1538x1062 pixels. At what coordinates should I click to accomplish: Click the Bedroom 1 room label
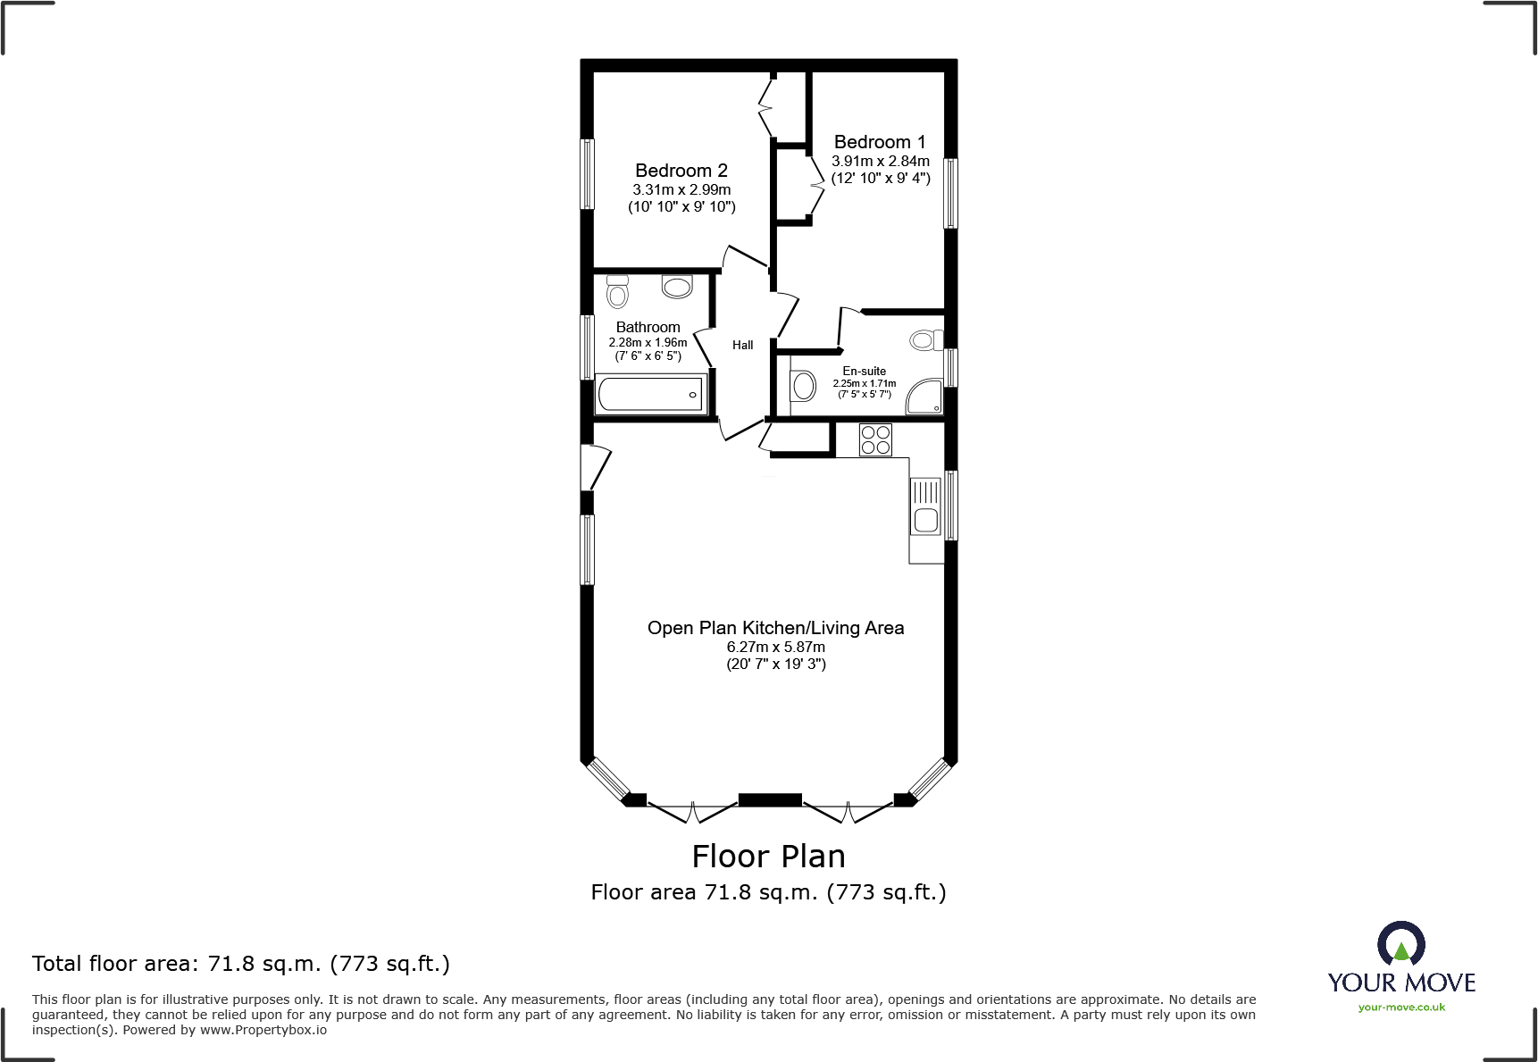tap(880, 142)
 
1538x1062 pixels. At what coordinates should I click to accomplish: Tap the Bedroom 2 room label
tap(681, 171)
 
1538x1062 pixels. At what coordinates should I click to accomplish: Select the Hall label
tap(743, 345)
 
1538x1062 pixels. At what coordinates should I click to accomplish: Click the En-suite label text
tap(865, 371)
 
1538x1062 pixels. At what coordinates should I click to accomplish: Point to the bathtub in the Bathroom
tap(650, 394)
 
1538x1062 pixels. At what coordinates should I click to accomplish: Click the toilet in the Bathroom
tap(617, 291)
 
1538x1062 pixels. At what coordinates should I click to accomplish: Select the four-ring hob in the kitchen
tap(875, 439)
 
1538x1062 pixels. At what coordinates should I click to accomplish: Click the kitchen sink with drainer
tap(926, 506)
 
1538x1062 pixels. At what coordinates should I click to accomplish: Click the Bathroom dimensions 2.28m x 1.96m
tap(648, 343)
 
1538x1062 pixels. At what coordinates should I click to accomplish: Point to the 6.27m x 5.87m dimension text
tap(776, 647)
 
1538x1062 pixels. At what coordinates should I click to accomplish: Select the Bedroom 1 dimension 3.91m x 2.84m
tap(881, 161)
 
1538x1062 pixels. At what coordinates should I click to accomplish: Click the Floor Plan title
tap(769, 857)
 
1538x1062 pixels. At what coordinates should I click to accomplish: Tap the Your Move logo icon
tap(1401, 942)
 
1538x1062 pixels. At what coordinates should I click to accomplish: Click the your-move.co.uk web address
tap(1401, 1008)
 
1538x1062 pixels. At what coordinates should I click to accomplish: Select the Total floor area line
tap(241, 964)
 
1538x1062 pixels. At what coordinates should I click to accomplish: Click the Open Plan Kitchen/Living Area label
tap(776, 628)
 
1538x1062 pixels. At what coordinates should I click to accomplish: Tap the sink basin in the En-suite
tap(804, 387)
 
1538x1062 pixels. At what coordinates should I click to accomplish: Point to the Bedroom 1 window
tap(951, 193)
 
